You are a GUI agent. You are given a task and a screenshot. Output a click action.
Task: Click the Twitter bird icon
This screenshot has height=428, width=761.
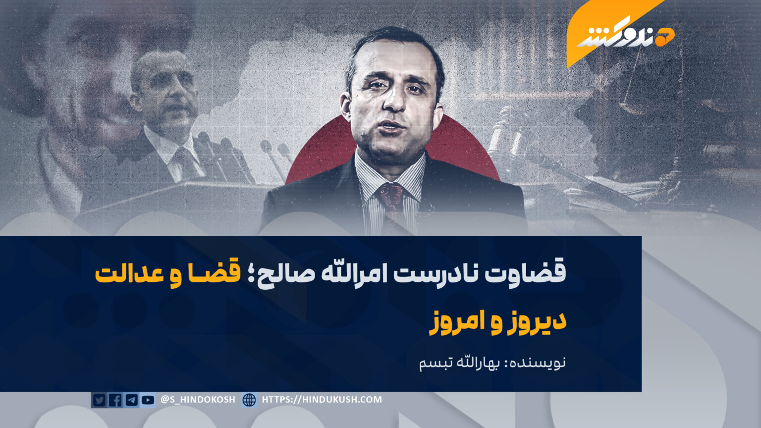[99, 400]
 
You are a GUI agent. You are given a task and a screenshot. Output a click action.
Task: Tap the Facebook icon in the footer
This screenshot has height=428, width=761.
[115, 400]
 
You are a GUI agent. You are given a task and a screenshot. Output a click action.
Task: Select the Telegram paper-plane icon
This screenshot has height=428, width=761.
[131, 400]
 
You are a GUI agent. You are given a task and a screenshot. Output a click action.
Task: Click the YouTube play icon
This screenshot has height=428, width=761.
[148, 400]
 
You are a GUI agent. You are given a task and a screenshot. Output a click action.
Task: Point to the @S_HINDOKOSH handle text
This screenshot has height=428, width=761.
[198, 399]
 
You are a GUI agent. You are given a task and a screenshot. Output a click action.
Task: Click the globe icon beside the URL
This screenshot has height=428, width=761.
[249, 400]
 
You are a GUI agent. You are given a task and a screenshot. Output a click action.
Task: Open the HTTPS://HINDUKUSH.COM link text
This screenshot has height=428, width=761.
[322, 399]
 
